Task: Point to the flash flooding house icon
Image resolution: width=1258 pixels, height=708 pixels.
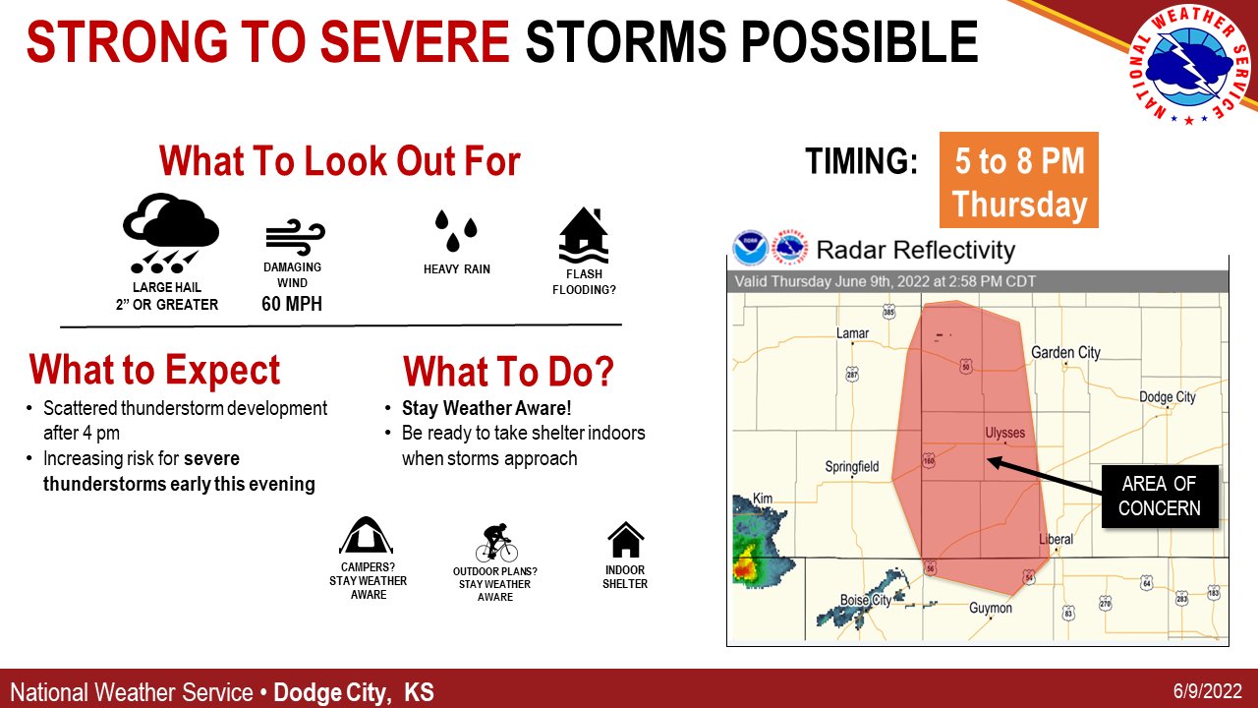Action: tap(584, 237)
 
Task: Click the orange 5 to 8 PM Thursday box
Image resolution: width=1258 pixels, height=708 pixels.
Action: tap(1018, 181)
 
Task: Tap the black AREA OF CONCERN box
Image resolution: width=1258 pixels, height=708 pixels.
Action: tap(1160, 496)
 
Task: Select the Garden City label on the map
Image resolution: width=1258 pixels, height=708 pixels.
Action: tap(1065, 352)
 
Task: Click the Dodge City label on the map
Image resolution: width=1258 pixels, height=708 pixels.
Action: tap(1167, 397)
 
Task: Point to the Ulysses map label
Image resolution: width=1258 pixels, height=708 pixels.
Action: tap(1004, 433)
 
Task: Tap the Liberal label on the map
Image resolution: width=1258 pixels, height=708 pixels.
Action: tap(1056, 539)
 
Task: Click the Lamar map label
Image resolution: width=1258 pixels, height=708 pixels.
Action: tap(852, 333)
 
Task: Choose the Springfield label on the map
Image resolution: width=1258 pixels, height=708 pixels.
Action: tap(851, 466)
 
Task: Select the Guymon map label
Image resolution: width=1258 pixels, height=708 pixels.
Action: tap(990, 608)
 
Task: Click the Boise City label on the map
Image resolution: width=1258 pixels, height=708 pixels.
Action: tap(865, 600)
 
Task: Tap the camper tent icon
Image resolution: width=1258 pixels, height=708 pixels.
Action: tap(368, 536)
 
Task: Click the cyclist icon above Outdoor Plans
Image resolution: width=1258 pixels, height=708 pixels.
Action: tap(495, 542)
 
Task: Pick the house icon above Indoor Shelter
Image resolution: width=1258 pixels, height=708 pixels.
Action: tap(625, 540)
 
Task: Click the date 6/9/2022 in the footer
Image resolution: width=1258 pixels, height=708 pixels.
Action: tap(1208, 691)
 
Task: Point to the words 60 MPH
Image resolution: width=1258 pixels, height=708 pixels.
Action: tap(292, 304)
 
